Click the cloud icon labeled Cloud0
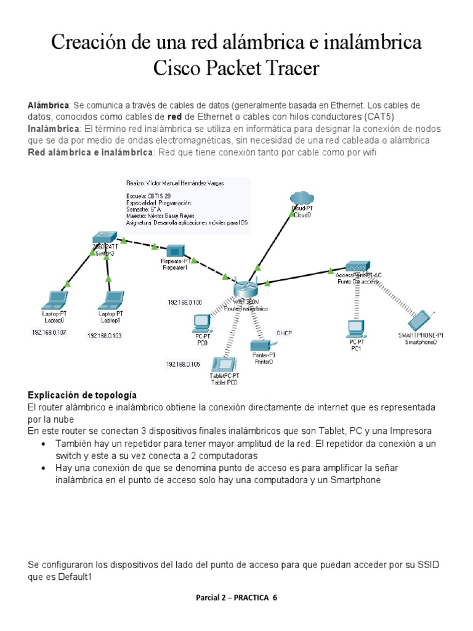click(x=301, y=198)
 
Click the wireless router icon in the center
click(x=243, y=288)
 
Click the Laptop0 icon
click(x=54, y=300)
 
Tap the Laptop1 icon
click(x=111, y=300)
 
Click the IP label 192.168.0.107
click(x=49, y=332)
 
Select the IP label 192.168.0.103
click(x=105, y=336)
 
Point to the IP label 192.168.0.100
click(x=185, y=303)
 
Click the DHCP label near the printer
click(x=284, y=333)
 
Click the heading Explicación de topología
click(x=83, y=395)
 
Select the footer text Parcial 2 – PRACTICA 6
click(x=236, y=598)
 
